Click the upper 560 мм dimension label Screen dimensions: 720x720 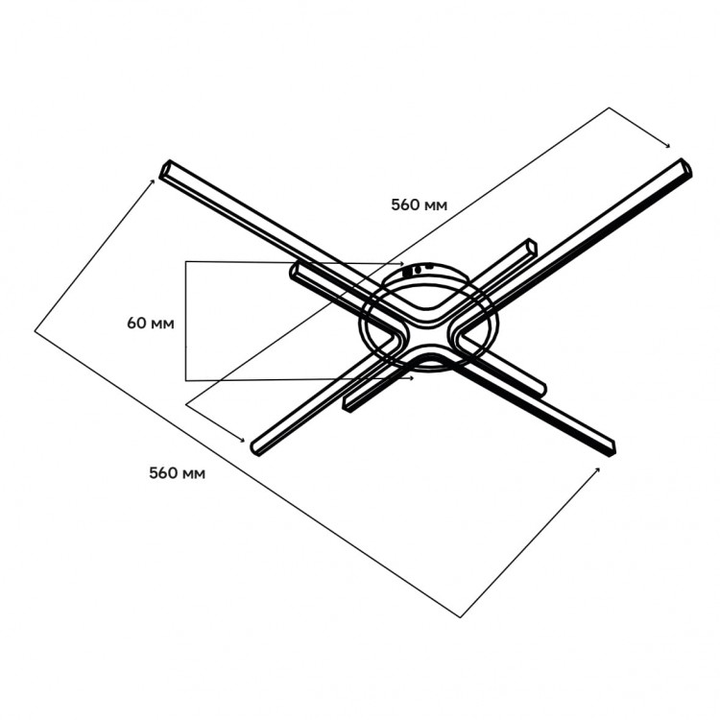coord(419,204)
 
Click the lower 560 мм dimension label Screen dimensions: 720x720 coord(177,472)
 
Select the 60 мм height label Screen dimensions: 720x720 coord(150,323)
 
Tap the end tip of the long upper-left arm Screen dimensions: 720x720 coord(166,170)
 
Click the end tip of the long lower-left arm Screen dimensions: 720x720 coord(257,446)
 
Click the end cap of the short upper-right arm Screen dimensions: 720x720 coord(531,246)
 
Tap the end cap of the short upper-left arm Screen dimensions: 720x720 coord(295,272)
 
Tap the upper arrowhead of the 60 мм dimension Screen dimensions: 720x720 coord(402,263)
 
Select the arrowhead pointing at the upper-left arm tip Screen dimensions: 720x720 coord(155,180)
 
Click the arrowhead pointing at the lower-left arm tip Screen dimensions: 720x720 coord(241,439)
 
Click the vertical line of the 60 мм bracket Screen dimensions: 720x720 coord(184,321)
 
